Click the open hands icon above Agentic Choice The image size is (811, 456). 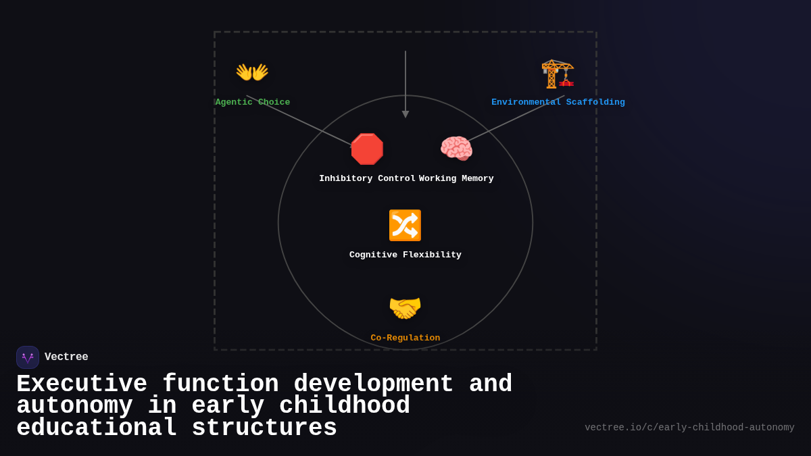pyautogui.click(x=252, y=72)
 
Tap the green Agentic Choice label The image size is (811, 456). pyautogui.click(x=253, y=103)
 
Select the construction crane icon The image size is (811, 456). pyautogui.click(x=558, y=74)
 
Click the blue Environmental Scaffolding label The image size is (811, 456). pyautogui.click(x=558, y=103)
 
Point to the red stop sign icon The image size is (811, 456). pyautogui.click(x=367, y=149)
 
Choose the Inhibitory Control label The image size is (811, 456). pyautogui.click(x=367, y=179)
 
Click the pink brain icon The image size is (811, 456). pyautogui.click(x=456, y=149)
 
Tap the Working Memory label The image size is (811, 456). pyautogui.click(x=456, y=179)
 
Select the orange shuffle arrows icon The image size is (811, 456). pyautogui.click(x=405, y=226)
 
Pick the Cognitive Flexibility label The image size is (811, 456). pyautogui.click(x=405, y=255)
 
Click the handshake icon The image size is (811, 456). pyautogui.click(x=405, y=308)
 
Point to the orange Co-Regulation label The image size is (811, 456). pyautogui.click(x=405, y=338)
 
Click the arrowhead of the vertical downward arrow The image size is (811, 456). pyautogui.click(x=405, y=114)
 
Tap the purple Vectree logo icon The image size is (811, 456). pyautogui.click(x=28, y=357)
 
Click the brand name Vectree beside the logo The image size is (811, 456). pyautogui.click(x=66, y=357)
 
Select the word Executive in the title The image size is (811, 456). pyautogui.click(x=82, y=384)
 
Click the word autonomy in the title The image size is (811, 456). pyautogui.click(x=74, y=406)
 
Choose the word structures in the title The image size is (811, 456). pyautogui.click(x=264, y=428)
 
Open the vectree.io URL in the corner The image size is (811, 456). pyautogui.click(x=689, y=428)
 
